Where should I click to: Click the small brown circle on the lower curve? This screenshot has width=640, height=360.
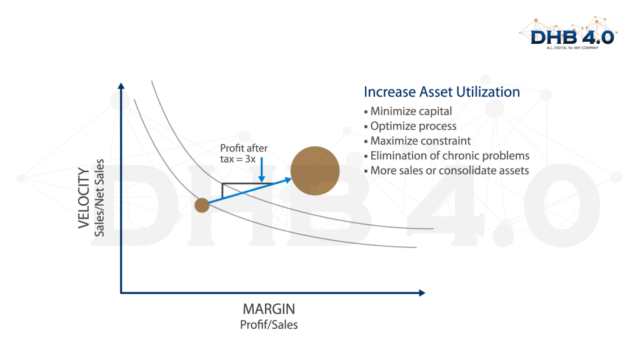(202, 205)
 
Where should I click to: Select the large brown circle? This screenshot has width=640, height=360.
(315, 171)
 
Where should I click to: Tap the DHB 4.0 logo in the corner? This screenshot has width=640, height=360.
(569, 34)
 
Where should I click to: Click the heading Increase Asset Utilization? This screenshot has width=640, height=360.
(442, 92)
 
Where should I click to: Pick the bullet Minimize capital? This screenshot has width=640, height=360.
(407, 111)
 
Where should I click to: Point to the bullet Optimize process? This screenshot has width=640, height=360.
(410, 126)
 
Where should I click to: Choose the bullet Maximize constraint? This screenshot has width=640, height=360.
(417, 141)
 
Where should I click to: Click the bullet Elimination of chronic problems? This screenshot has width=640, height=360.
(446, 156)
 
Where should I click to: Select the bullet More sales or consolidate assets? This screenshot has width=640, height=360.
(446, 171)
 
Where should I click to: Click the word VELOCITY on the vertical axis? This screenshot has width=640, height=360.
(84, 198)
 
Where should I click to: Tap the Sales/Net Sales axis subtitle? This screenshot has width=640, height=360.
(99, 197)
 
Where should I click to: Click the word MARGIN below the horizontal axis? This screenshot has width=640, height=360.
(269, 309)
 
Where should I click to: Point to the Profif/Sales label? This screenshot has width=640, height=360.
(269, 325)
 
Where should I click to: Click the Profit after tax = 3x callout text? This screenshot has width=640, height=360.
(244, 154)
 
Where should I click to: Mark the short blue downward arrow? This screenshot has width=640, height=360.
(262, 170)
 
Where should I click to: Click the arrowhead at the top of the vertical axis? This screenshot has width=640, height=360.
(121, 86)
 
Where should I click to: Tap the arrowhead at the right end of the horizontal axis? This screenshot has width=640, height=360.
(422, 292)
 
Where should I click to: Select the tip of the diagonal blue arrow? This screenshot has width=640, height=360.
(291, 179)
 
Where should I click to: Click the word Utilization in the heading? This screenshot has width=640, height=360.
(488, 92)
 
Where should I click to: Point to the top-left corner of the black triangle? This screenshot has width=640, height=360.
(222, 184)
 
